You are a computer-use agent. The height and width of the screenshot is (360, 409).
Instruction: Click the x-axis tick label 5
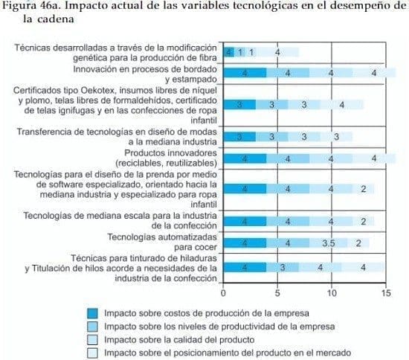pos(277,293)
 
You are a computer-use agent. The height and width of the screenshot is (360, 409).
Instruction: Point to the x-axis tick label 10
pos(332,293)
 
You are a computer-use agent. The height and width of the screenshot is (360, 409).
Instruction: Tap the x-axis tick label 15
pos(385,293)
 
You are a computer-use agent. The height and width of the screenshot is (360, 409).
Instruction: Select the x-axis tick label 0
pos(223,293)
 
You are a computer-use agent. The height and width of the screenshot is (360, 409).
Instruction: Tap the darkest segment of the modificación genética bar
pos(229,52)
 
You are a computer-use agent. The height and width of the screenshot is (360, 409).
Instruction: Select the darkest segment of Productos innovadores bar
pos(245,158)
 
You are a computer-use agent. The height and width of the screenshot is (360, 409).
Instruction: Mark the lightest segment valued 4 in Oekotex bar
pos(342,105)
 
